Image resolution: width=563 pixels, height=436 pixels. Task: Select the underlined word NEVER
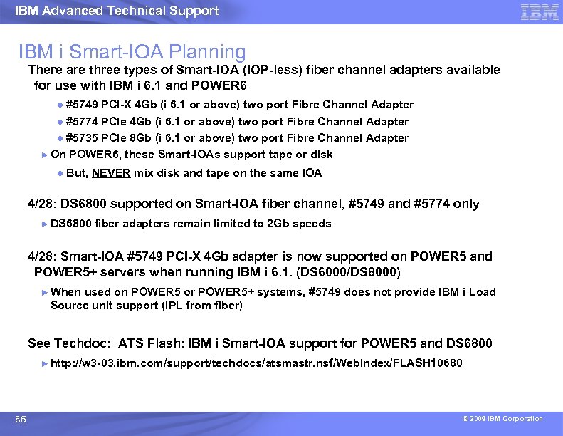(110, 173)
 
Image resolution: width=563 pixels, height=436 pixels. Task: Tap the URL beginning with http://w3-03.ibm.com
(256, 363)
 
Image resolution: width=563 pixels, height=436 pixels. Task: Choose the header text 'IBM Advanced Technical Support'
(117, 11)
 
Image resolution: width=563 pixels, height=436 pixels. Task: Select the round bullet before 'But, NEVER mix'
(60, 173)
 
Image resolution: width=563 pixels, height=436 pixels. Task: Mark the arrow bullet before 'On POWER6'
(44, 155)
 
